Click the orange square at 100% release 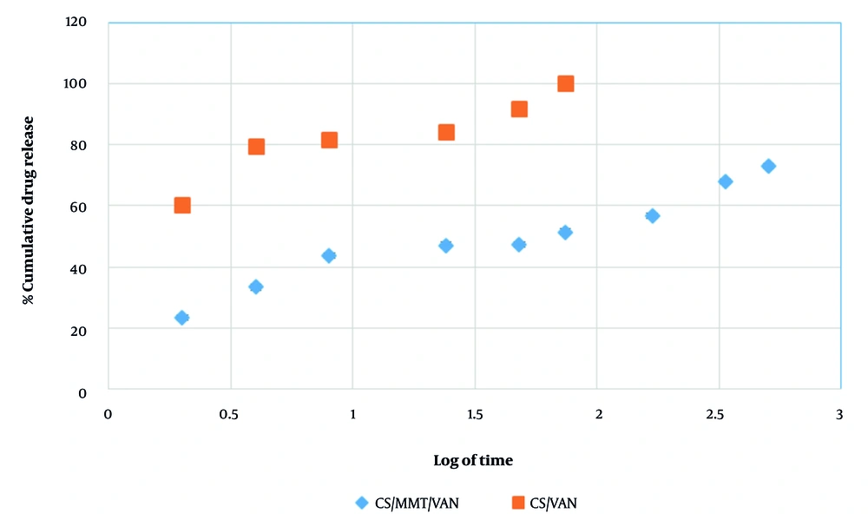(566, 84)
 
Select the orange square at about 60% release (182, 206)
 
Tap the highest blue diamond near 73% (768, 166)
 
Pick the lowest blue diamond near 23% (181, 318)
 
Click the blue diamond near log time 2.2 (653, 215)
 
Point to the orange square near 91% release (519, 109)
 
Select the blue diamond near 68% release (726, 181)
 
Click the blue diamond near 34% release (255, 286)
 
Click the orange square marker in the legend (517, 503)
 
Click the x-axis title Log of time (473, 460)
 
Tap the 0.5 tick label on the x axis (229, 414)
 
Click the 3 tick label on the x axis (839, 414)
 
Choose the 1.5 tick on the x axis (474, 414)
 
